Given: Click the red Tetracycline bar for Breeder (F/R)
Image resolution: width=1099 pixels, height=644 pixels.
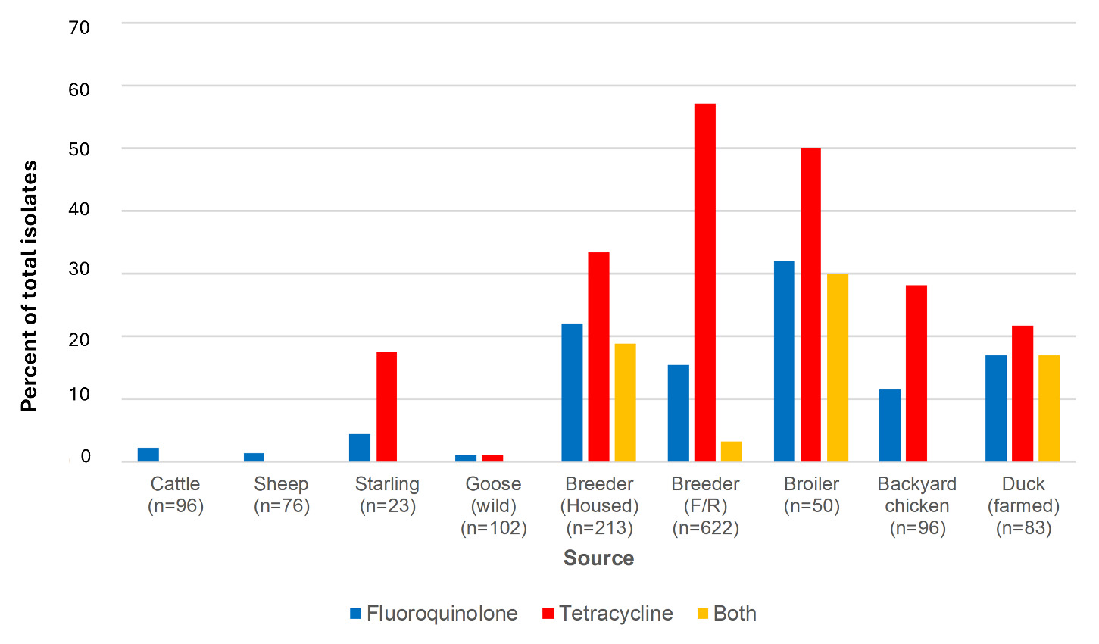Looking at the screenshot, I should [704, 282].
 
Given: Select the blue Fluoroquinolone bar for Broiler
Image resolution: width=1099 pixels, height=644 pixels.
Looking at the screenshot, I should [784, 361].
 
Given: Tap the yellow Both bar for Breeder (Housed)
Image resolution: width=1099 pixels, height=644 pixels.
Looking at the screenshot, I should [625, 402].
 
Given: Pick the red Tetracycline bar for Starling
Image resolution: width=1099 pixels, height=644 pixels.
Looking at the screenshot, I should [386, 406].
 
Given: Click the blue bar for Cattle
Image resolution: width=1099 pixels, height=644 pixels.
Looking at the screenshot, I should [148, 455].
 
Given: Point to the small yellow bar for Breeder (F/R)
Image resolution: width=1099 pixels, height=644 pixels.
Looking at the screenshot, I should [731, 452].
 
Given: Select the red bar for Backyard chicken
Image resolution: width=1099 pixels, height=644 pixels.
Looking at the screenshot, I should [916, 373].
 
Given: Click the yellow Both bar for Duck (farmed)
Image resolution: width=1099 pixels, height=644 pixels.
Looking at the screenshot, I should [1048, 408].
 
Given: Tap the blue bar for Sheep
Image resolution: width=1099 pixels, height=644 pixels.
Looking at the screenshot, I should [254, 457].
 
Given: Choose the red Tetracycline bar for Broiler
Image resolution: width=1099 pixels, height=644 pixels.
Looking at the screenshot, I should [810, 305].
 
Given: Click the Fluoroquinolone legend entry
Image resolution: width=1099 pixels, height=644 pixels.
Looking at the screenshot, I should [434, 613].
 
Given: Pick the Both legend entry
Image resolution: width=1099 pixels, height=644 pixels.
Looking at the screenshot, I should [726, 613].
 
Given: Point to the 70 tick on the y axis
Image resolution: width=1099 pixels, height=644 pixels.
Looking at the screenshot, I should [79, 28].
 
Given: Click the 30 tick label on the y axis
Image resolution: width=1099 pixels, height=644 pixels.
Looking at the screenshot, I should [79, 269].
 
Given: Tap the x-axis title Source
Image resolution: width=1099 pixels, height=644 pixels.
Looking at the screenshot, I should [598, 558].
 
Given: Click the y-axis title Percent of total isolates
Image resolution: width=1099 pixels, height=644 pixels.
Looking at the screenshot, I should [29, 286].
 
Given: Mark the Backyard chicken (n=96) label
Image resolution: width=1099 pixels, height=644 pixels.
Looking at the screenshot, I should [916, 505].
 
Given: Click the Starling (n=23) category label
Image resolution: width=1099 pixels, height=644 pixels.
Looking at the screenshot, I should [387, 495].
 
